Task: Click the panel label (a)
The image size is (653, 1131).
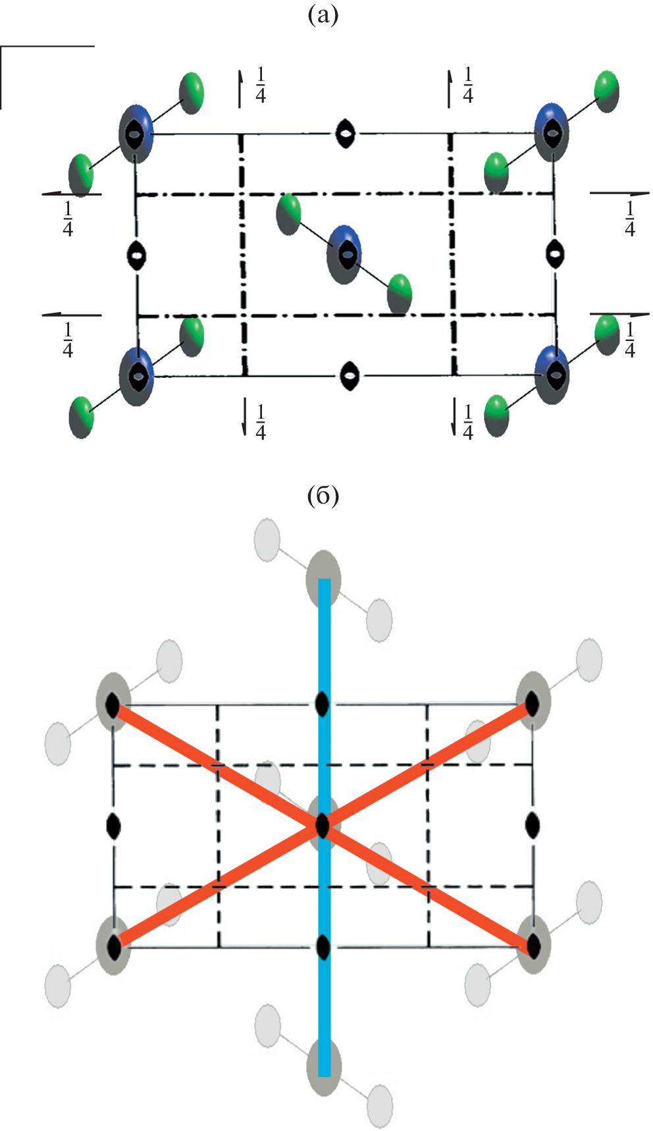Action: (x=323, y=14)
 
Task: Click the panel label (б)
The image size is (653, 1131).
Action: (x=323, y=496)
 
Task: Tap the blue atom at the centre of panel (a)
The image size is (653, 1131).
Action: (x=344, y=254)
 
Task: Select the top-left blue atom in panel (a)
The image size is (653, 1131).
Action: (x=136, y=134)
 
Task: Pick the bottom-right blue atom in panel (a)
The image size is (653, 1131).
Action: (x=552, y=375)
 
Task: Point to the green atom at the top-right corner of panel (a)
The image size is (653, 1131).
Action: (x=606, y=90)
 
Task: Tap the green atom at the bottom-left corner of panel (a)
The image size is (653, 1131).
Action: (x=82, y=416)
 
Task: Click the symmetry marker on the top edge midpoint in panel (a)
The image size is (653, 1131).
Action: (x=344, y=134)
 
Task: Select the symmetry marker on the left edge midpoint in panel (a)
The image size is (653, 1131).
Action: (x=136, y=255)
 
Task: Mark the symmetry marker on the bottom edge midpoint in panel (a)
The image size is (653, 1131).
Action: (x=350, y=376)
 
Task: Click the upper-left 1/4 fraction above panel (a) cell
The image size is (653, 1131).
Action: (x=261, y=86)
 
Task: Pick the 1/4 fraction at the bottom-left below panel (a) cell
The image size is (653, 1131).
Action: (x=261, y=422)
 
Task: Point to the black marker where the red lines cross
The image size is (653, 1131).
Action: (x=322, y=825)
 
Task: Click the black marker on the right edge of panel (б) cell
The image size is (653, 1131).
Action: (x=533, y=824)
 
